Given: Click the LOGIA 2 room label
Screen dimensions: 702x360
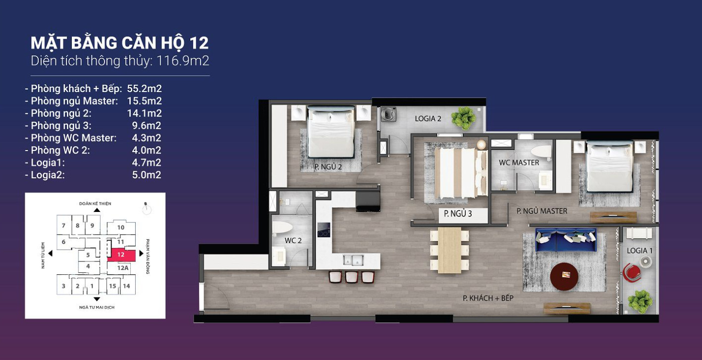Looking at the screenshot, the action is pos(428,119).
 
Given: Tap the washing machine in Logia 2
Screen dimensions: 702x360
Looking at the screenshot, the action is pos(388,114).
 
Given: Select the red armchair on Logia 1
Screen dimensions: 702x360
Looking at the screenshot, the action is pos(631,272).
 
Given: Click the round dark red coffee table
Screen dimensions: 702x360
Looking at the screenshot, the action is pos(564,276).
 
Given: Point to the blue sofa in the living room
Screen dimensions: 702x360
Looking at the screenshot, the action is pos(566,240).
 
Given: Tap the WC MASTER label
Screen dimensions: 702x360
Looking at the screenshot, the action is pos(519,162).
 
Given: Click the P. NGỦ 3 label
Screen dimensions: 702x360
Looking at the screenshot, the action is pos(458,214).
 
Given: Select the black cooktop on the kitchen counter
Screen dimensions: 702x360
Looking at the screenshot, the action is pos(324,230).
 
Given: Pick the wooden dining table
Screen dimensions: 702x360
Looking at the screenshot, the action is pos(449,250).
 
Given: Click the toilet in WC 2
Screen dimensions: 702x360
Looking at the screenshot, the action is pos(282,227).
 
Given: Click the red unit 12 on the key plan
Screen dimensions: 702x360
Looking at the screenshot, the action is pos(121,255).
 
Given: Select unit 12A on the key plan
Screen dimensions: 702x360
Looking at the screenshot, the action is pos(123,268).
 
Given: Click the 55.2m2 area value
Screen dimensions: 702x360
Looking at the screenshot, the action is pos(145,89).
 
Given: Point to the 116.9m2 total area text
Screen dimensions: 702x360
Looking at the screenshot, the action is pos(183,61).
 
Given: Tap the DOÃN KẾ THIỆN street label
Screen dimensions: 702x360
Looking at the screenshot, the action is pos(95,204).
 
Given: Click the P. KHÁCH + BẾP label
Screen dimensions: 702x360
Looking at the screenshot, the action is pos(488,298).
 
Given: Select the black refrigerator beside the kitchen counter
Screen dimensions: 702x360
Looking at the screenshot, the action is pos(368,201).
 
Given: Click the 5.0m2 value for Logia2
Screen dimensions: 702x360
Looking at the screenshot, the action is pos(147,175).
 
